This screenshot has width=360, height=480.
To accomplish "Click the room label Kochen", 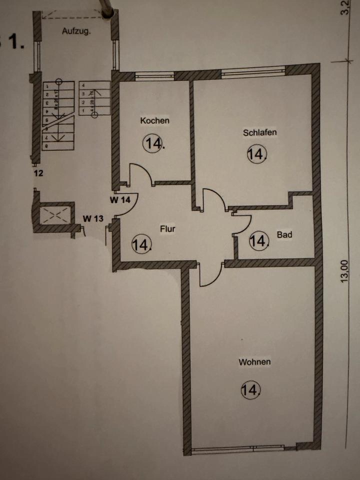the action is (155, 120).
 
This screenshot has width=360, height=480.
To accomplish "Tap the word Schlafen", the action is (260, 132).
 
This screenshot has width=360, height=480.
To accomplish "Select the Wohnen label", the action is (255, 362).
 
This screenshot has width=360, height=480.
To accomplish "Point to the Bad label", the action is (284, 234).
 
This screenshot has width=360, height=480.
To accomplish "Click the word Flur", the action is (167, 230).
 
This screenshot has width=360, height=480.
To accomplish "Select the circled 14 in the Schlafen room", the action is (257, 153).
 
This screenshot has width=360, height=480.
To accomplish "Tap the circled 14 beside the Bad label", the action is (259, 241).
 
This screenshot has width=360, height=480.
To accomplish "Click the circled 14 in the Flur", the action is (141, 244).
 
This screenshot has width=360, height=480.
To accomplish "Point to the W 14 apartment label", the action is (119, 200).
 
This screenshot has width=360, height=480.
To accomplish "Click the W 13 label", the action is (93, 218).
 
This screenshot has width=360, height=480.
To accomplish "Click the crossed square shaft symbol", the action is (53, 215).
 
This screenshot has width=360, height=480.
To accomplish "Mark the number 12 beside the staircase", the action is (39, 174).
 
